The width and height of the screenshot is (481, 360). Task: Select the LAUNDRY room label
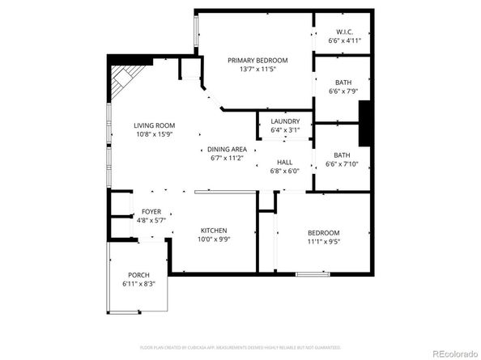[285, 121]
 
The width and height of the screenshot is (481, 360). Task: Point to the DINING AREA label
[227, 149]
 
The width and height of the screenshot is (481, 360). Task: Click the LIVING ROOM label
[154, 125]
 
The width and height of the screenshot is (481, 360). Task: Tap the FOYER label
[151, 211]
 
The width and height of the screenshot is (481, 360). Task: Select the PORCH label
[138, 275]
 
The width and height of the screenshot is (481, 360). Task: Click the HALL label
[284, 162]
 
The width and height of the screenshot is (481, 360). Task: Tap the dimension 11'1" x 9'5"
[323, 241]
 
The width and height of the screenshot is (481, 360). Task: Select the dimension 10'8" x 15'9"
[154, 134]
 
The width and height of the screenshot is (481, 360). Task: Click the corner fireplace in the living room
[123, 79]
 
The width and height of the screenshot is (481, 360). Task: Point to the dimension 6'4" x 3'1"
[285, 130]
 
